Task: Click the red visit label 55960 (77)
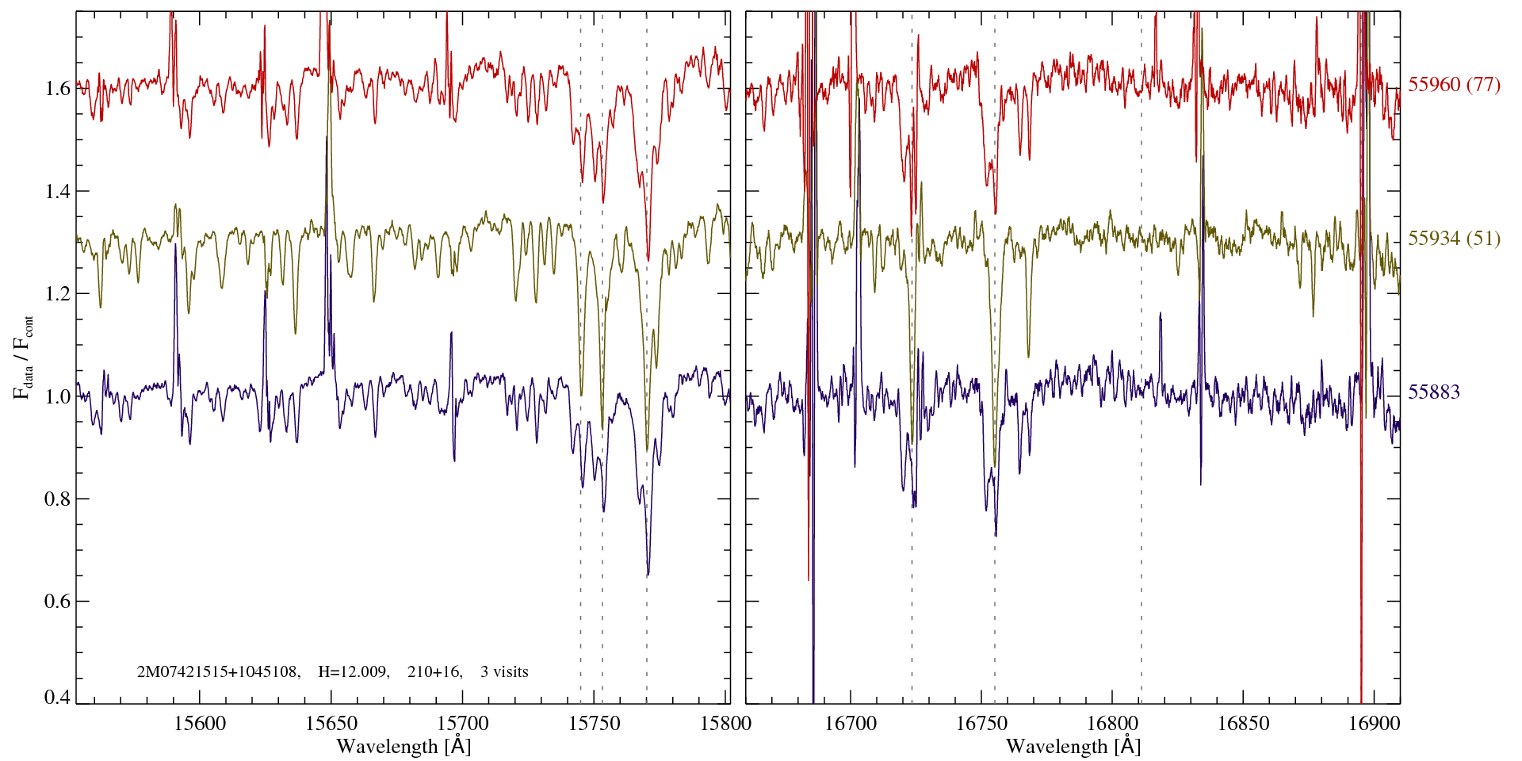(x=1454, y=85)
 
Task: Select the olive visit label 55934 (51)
(x=1454, y=239)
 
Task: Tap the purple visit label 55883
(x=1434, y=392)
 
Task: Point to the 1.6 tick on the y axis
(x=57, y=88)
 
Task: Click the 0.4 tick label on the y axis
(x=57, y=698)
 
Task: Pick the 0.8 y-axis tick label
(x=57, y=499)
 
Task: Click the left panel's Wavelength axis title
(x=403, y=746)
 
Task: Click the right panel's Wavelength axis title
(x=1073, y=746)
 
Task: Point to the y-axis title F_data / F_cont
(x=24, y=357)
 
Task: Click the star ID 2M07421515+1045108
(x=218, y=672)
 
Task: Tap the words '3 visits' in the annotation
(x=504, y=672)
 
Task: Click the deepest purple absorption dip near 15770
(x=648, y=572)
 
